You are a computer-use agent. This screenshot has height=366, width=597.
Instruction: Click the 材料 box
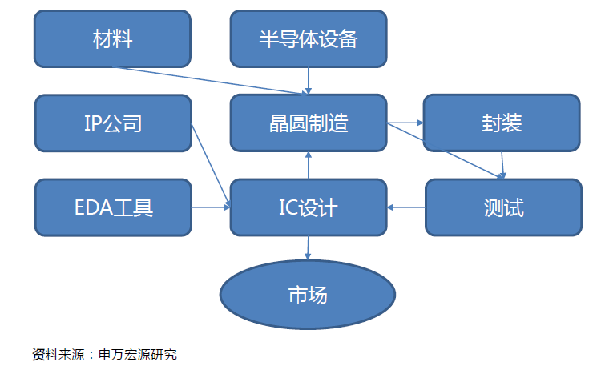tap(112, 38)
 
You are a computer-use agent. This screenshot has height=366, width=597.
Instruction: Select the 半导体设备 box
tap(309, 38)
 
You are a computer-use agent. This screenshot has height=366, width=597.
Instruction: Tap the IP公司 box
tap(113, 123)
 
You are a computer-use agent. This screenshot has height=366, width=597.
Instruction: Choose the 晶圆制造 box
tap(309, 123)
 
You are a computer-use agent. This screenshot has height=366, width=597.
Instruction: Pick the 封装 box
tap(502, 123)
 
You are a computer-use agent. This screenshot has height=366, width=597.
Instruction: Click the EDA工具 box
tap(113, 207)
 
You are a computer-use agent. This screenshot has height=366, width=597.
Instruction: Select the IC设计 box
tap(309, 207)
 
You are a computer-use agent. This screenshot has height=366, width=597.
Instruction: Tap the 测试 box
tap(503, 207)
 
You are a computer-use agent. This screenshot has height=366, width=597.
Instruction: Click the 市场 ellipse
tap(308, 295)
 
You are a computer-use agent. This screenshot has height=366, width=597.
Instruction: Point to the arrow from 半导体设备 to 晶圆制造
tap(309, 81)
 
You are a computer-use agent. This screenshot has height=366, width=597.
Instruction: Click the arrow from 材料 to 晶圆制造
tap(210, 81)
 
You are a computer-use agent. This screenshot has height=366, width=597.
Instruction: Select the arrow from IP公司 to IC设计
tap(211, 166)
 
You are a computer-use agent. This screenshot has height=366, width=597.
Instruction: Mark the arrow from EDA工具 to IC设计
tap(211, 207)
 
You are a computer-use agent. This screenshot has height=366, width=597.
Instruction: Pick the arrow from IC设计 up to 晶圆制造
tap(309, 165)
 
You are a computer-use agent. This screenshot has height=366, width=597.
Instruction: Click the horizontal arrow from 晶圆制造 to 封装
tap(405, 123)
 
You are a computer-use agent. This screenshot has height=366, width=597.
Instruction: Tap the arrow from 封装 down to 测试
tap(502, 165)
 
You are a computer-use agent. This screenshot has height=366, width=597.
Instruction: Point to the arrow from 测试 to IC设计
tap(405, 207)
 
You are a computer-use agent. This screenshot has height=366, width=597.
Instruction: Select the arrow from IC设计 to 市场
tap(308, 248)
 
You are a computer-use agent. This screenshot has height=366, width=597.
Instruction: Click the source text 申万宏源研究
tap(138, 355)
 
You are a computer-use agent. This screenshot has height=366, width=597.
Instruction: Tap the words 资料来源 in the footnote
tap(58, 355)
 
